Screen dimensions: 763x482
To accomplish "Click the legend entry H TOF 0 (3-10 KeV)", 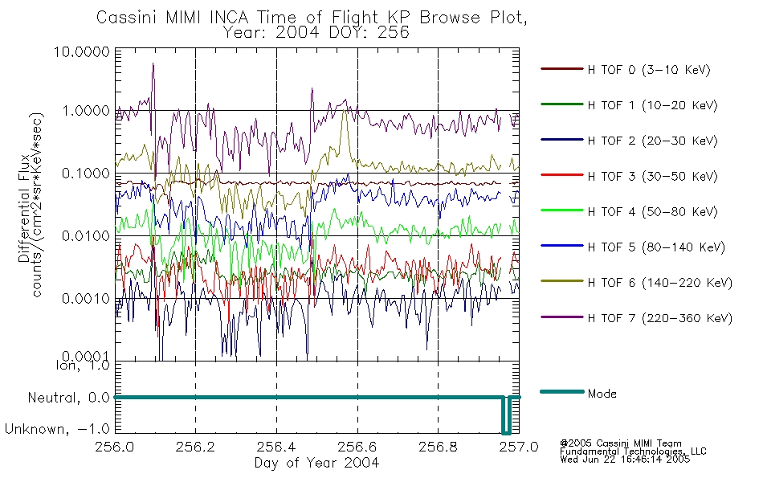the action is [649, 70].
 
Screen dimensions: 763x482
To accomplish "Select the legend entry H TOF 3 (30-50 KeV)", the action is [652, 176].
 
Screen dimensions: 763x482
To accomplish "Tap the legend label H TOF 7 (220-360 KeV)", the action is [660, 318].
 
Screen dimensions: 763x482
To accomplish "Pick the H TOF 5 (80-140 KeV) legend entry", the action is [656, 247].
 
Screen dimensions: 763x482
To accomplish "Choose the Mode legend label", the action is [602, 394].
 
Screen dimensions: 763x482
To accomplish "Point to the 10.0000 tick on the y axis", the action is [82, 51].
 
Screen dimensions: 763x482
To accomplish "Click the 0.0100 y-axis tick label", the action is [86, 236].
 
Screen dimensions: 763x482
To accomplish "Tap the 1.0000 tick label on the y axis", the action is [86, 111].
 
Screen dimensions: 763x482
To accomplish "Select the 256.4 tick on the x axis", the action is [276, 447].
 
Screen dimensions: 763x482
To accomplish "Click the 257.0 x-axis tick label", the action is [519, 447].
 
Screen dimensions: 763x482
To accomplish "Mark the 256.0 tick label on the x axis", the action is [115, 447].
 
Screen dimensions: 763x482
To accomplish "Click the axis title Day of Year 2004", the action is [316, 463].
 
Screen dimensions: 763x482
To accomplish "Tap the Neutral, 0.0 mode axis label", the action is [68, 398].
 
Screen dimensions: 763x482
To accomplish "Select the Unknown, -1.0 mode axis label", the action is [57, 429].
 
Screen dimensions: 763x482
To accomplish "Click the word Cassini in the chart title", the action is [126, 18].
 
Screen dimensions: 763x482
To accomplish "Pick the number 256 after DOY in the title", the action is [394, 32].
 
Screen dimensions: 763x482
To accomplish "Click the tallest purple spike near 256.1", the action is [153, 63].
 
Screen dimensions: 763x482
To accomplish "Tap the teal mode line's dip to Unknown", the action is [506, 432].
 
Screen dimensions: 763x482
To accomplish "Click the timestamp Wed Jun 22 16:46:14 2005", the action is [625, 460].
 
